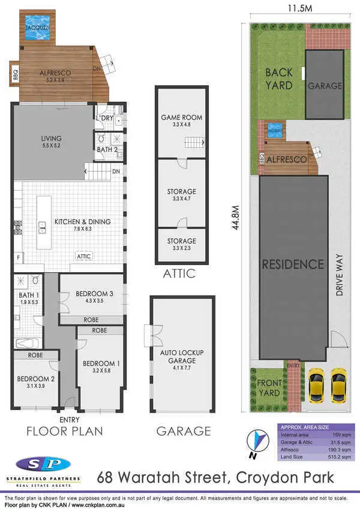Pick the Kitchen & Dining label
pyautogui.click(x=83, y=221)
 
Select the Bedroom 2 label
pyautogui.click(x=36, y=379)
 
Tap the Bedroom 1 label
pyautogui.click(x=100, y=363)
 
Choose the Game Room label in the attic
pyautogui.click(x=181, y=118)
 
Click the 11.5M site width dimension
pyautogui.click(x=298, y=9)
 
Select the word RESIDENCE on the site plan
pyautogui.click(x=293, y=264)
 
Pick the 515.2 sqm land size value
pyautogui.click(x=334, y=457)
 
